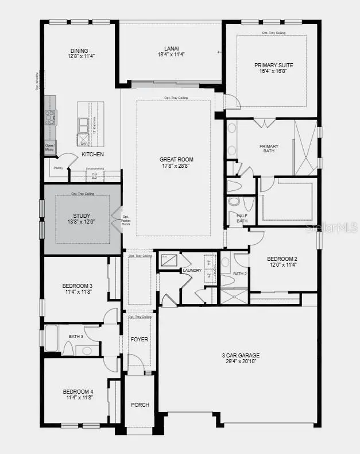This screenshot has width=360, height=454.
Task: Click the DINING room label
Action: (79, 50)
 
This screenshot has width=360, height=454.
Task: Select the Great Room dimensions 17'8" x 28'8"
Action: (176, 166)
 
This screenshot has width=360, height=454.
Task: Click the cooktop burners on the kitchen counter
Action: (50, 118)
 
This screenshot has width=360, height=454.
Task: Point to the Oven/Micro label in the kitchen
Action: (51, 147)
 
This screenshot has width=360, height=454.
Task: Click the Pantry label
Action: (58, 168)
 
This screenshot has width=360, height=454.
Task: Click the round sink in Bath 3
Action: (87, 350)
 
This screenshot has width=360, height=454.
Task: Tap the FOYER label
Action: (140, 339)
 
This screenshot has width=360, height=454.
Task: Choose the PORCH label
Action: (140, 405)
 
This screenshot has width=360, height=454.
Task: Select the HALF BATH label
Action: (242, 218)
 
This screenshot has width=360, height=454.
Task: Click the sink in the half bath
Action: (234, 202)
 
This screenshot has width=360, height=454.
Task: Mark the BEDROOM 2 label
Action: (282, 259)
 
